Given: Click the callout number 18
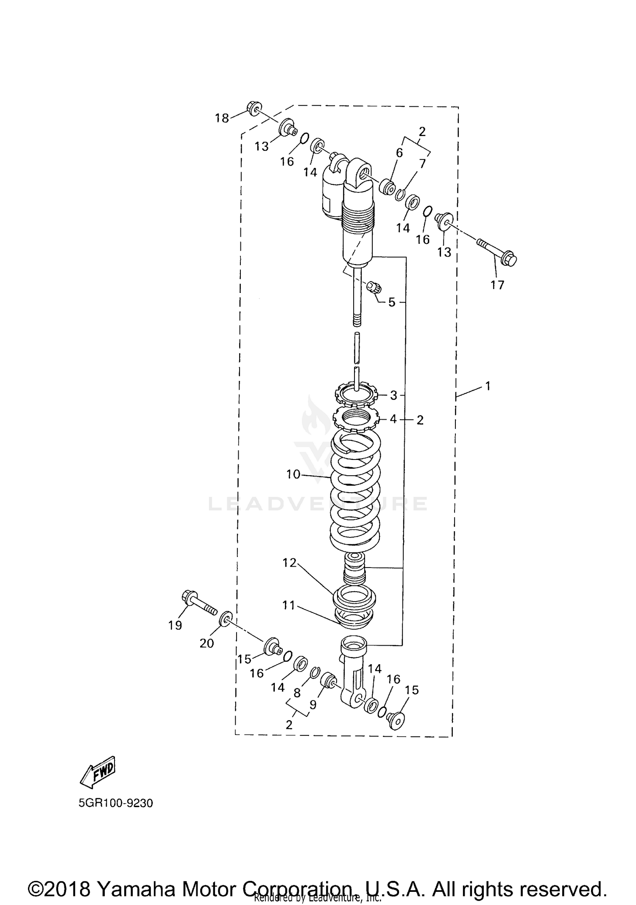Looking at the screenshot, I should coord(222,118).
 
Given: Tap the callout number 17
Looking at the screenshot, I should coord(497,285).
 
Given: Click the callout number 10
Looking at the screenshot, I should coord(293,474).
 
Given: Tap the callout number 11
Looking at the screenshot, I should coord(289,605).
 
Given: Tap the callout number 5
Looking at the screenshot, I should coord(392,303).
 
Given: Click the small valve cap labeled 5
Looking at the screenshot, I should coord(374,287).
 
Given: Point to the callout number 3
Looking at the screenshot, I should coord(393,395).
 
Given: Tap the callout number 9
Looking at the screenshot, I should coord(313,705).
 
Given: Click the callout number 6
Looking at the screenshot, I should coord(399,153).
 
